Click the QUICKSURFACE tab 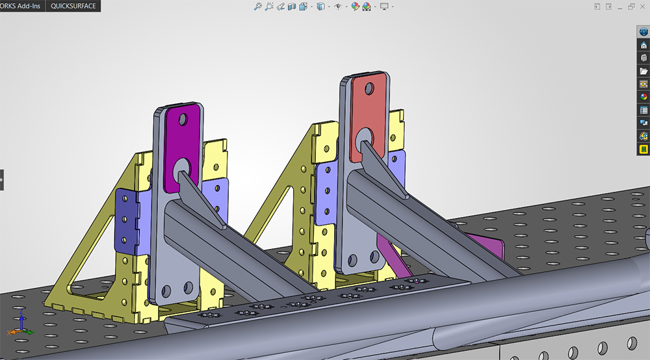tap(73, 6)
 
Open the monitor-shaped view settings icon tap(384, 6)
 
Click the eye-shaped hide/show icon tap(338, 6)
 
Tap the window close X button tap(643, 6)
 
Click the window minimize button tap(620, 7)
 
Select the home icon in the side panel tap(643, 45)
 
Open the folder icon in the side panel tap(643, 71)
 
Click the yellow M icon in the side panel tap(643, 149)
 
